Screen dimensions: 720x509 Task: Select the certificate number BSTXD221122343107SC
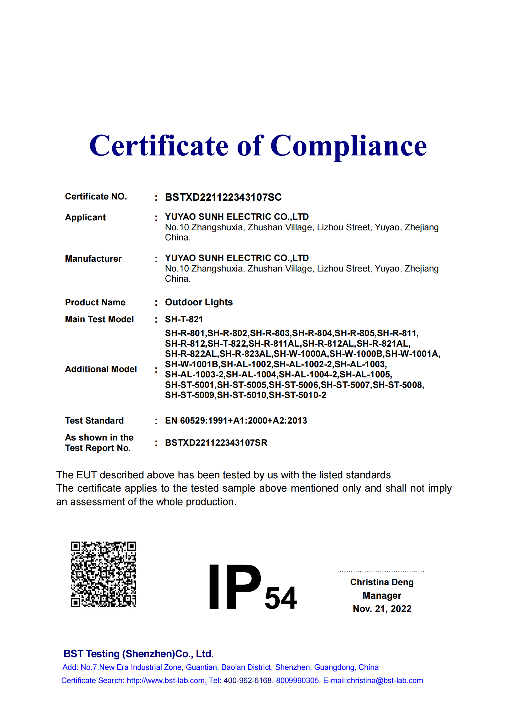(x=223, y=197)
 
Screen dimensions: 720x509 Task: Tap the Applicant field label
(x=85, y=217)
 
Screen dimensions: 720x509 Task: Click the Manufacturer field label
(x=93, y=259)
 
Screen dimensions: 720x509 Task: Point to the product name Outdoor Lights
(x=199, y=302)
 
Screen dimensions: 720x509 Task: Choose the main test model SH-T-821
(x=184, y=319)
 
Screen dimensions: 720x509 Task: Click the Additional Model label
(x=101, y=369)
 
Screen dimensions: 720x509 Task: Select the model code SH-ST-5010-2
(x=297, y=395)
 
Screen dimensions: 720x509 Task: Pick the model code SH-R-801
(x=185, y=333)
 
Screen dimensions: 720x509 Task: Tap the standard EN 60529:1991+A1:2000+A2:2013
(x=236, y=420)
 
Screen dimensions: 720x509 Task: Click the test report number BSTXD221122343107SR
(x=216, y=443)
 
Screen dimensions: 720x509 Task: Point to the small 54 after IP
(x=281, y=598)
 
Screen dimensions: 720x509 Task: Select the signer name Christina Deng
(x=382, y=582)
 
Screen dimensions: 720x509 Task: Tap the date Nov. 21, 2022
(x=382, y=609)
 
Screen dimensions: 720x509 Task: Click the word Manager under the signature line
(x=382, y=596)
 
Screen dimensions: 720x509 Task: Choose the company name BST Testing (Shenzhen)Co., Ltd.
(x=138, y=654)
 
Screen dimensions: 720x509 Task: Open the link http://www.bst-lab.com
(x=166, y=681)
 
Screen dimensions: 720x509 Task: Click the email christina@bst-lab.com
(x=385, y=681)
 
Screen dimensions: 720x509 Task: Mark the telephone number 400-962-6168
(x=248, y=681)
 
